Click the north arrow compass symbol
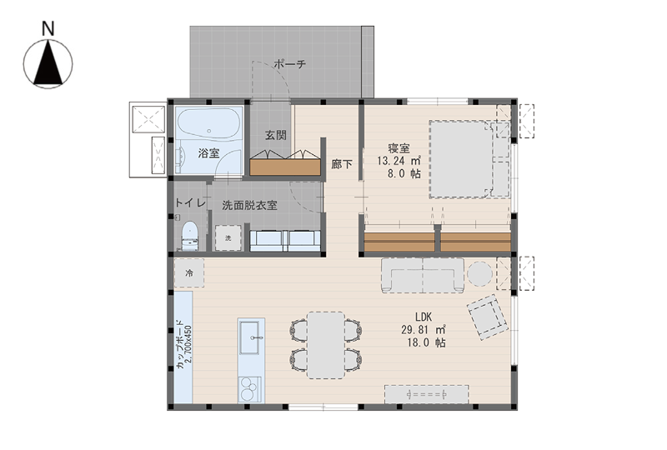[x=48, y=64]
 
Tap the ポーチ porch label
[x=289, y=64]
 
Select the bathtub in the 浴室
[x=208, y=123]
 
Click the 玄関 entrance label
[x=276, y=135]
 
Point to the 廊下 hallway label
[x=342, y=164]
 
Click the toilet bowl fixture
[x=190, y=236]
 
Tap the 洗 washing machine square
[x=228, y=237]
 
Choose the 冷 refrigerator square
[x=189, y=272]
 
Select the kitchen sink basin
[x=249, y=338]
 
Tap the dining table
[x=326, y=345]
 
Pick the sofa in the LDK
[x=423, y=275]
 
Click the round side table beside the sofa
[x=480, y=273]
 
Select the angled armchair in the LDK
[x=488, y=317]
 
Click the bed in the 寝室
[x=469, y=159]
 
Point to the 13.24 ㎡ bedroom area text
[x=399, y=161]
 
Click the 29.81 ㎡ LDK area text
[x=424, y=330]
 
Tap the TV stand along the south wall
[x=427, y=394]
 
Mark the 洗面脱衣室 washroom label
[x=249, y=205]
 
